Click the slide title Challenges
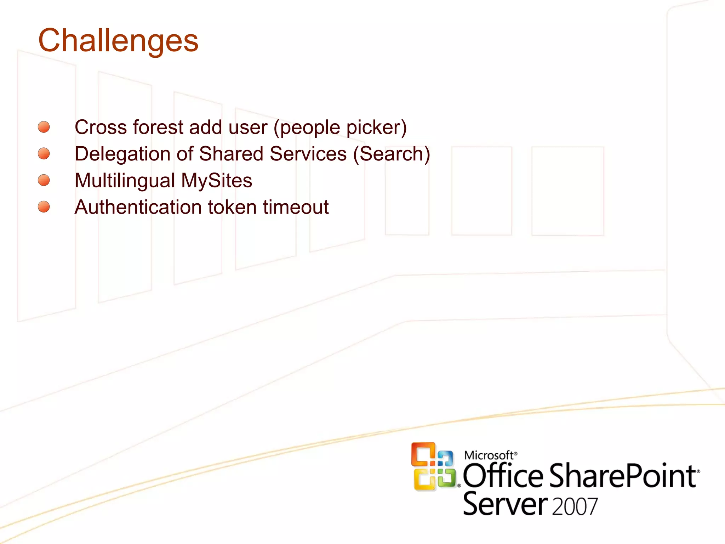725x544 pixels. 118,41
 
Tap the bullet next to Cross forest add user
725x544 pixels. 44,127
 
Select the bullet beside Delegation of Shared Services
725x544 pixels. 44,154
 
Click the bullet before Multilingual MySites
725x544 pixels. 44,180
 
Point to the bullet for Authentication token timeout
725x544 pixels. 44,207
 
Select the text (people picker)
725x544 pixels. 340,128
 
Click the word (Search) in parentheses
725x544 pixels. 392,154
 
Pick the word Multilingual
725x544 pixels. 125,181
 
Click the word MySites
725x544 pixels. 217,181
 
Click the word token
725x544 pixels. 232,207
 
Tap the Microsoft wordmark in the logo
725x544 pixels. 489,455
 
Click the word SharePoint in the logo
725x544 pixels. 623,476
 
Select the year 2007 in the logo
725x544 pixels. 575,506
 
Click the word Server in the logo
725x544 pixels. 504,504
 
